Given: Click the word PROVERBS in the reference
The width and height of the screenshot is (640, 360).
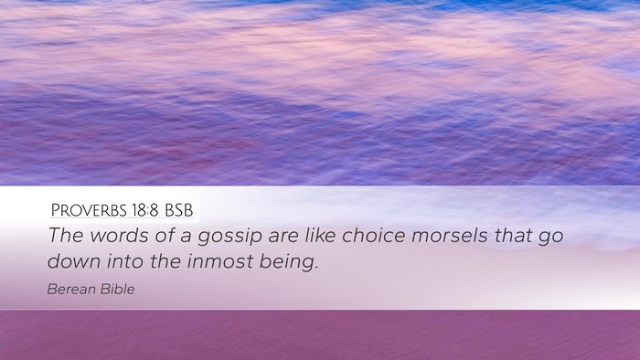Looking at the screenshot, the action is pos(89,210).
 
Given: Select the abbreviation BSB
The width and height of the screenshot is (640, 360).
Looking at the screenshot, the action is pos(179,210).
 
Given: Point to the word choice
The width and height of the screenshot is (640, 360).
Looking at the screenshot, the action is pos(373,235).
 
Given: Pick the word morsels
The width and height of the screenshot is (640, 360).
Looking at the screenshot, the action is pos(449,235).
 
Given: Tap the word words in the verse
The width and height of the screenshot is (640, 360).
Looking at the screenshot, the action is pos(119,235).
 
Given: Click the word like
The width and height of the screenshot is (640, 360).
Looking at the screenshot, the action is pos(321,235).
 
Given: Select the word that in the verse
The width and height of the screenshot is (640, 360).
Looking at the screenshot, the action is pos(513,235).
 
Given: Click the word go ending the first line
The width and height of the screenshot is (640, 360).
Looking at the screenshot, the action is pos(550,238).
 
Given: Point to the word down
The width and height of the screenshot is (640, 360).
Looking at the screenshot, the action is pos(74,261).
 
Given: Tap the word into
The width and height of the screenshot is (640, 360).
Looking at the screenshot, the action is pos(125,261).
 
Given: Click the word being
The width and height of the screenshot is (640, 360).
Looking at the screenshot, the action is pos(287,262).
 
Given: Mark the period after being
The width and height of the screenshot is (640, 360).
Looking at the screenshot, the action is pos(316,268).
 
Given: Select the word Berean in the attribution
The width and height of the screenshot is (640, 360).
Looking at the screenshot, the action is pos(71,289).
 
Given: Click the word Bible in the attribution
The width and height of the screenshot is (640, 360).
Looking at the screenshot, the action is pos(118,289).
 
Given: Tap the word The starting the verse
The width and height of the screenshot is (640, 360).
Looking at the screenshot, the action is pos(66,235).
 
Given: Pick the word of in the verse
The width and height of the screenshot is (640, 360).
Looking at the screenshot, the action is pos(164,235).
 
